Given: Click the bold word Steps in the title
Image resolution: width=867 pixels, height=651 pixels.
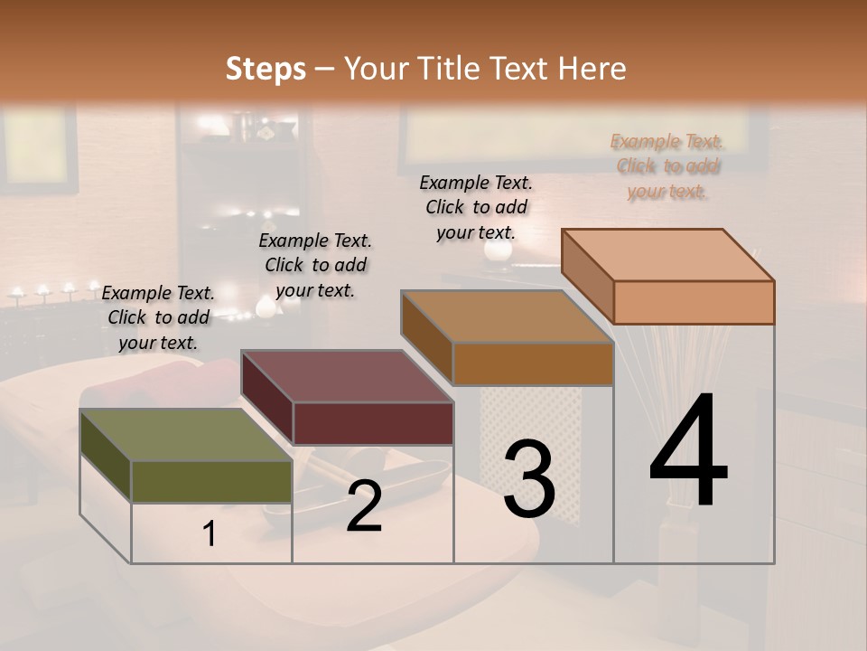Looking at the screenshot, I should tap(266, 69).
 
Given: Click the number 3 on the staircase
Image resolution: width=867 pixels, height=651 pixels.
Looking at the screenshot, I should tap(528, 479).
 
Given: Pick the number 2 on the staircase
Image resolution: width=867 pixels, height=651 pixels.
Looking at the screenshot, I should tap(364, 507).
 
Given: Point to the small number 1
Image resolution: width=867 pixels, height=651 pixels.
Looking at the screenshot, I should tap(210, 534).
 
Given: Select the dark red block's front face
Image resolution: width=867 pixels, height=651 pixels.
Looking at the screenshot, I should tap(373, 423).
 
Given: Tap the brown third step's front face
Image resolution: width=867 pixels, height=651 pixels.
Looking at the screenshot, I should tap(533, 364).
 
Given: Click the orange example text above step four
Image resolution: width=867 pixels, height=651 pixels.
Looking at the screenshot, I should tap(666, 166).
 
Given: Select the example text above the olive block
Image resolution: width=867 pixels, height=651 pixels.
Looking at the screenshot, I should tap(158, 317).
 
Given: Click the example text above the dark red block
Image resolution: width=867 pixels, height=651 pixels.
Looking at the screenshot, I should tap(315, 265).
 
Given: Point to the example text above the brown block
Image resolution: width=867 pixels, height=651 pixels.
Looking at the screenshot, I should tap(476, 207).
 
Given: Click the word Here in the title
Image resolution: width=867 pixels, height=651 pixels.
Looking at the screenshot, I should tap(592, 69).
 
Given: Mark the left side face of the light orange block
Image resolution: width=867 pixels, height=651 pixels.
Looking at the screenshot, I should tap(587, 275).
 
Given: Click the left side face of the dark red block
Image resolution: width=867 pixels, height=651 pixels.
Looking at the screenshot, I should tap(267, 399).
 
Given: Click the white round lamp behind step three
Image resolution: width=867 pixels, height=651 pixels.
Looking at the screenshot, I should tap(497, 250).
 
